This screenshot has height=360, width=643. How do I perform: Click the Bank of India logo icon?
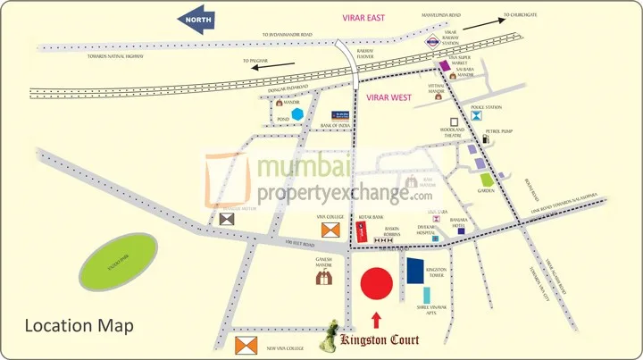341,115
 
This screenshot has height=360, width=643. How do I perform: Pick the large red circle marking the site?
376,282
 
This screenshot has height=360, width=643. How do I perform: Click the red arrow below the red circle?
376,319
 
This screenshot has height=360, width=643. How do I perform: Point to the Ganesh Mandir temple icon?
325,278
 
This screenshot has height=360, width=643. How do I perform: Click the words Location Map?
79,326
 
